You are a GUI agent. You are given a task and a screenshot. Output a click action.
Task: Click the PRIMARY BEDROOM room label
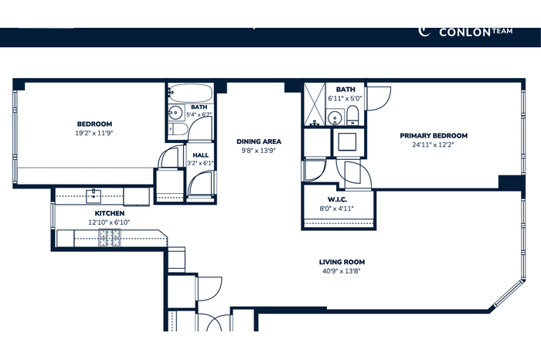coord(434,135)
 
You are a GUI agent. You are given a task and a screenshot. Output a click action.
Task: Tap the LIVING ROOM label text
coord(342,262)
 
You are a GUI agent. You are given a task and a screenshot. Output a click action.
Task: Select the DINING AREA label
coord(259,141)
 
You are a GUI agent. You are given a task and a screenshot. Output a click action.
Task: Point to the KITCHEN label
coord(110,213)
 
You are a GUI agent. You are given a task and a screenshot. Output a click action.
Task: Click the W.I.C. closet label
coord(338,199)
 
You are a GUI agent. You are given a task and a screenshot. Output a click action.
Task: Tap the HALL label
coord(200,155)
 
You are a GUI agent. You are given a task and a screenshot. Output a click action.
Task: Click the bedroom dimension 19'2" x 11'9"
coord(94,133)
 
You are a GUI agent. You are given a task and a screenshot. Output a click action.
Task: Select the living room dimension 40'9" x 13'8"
coord(342,271)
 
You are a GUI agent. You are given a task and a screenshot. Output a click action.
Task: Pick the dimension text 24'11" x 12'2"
coord(433,144)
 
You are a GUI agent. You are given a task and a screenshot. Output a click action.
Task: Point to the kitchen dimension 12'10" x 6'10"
coord(109,222)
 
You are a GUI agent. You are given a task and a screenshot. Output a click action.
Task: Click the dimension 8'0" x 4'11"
coord(337,209)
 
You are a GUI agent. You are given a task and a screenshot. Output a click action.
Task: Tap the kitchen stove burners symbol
coord(110,238)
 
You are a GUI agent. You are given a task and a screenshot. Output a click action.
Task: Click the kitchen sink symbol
coord(94,196)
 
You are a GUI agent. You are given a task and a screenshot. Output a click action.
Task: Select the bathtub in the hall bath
coord(191,93)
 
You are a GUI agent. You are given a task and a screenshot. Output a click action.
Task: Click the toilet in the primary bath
coord(352,116)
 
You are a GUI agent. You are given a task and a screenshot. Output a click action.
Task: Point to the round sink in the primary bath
coord(335,118)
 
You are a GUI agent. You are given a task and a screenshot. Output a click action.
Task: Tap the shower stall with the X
coord(315,104)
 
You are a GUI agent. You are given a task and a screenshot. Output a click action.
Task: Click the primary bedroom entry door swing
coord(379,99)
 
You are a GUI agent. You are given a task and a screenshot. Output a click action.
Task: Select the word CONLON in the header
coord(464,32)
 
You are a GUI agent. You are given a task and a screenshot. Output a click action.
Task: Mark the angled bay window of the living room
coord(509,294)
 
